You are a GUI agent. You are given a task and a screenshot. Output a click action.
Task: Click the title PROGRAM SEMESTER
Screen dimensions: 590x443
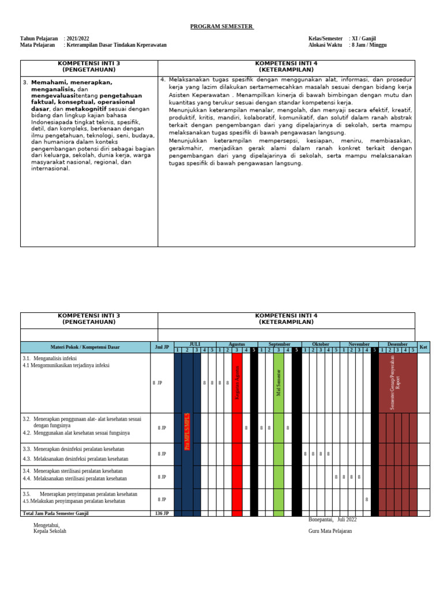pyautogui.click(x=221, y=27)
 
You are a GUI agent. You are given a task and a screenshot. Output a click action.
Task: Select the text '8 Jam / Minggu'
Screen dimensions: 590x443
pyautogui.click(x=369, y=45)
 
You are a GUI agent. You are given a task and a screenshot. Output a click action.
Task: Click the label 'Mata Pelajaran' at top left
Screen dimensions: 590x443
pyautogui.click(x=37, y=45)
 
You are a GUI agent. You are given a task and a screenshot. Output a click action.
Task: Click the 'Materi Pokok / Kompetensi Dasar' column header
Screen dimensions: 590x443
pyautogui.click(x=85, y=347)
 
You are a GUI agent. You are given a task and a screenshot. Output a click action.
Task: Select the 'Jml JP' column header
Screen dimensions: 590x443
pyautogui.click(x=162, y=347)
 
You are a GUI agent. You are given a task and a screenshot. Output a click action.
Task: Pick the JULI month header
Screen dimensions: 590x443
pyautogui.click(x=195, y=344)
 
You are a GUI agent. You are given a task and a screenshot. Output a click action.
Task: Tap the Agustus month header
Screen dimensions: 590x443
pyautogui.click(x=237, y=344)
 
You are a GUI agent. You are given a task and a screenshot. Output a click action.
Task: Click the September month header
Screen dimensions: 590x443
pyautogui.click(x=279, y=344)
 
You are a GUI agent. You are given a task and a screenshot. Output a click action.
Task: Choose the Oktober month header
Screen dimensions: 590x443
pyautogui.click(x=320, y=344)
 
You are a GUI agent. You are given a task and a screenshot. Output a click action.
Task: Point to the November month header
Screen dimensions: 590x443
pyautogui.click(x=359, y=344)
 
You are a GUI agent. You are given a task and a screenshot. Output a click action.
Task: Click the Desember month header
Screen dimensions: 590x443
pyautogui.click(x=397, y=344)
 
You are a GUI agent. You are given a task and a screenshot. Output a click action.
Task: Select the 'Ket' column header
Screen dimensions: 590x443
pyautogui.click(x=423, y=347)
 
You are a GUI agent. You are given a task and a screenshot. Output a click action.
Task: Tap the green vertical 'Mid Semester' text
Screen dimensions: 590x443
pyautogui.click(x=279, y=383)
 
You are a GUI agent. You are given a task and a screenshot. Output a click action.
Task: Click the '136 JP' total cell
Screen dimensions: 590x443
pyautogui.click(x=162, y=513)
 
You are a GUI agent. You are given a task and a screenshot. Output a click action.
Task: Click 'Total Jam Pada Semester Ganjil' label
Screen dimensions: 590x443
pyautogui.click(x=56, y=513)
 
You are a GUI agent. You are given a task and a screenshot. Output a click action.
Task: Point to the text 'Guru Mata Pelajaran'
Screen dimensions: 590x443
pyautogui.click(x=330, y=531)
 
